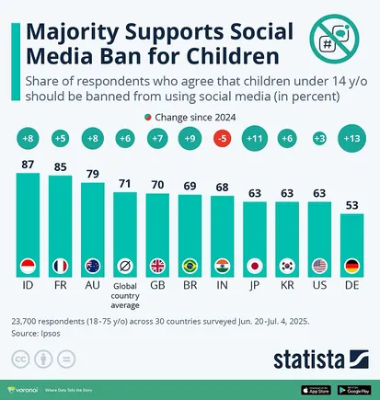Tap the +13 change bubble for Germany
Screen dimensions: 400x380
tap(351, 139)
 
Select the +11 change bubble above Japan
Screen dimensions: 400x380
tap(254, 139)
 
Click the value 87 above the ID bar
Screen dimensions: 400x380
tap(27, 164)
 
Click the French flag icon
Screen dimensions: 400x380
tap(60, 268)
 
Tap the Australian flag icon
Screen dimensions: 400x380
tap(92, 268)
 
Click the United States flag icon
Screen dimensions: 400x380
tap(318, 268)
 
